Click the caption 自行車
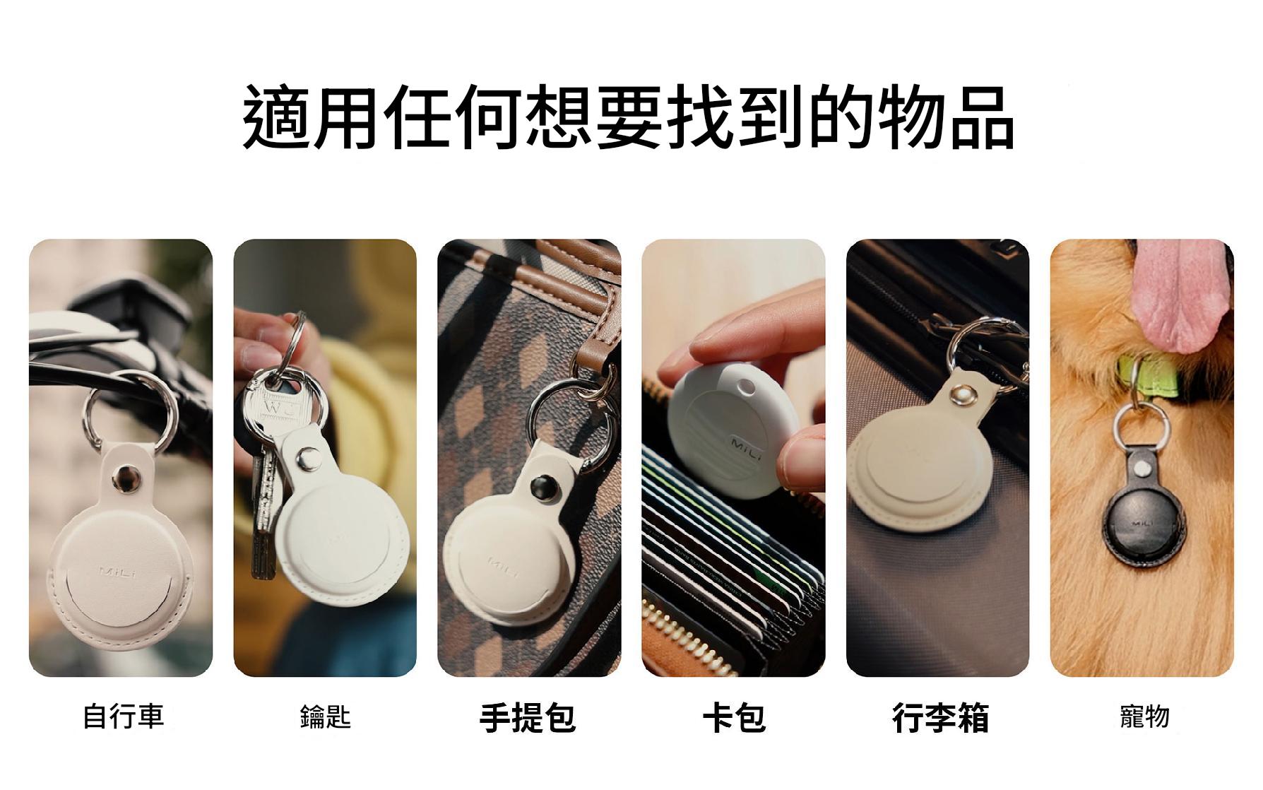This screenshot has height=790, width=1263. pyautogui.click(x=124, y=716)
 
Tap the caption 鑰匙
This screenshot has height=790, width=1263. pyautogui.click(x=325, y=717)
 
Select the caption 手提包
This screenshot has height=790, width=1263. pyautogui.click(x=528, y=717)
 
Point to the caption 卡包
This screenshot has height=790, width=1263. pyautogui.click(x=735, y=717)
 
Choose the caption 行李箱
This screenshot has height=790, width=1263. pyautogui.click(x=940, y=717)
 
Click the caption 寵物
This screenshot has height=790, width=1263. pyautogui.click(x=1144, y=717)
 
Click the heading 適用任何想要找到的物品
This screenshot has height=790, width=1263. pyautogui.click(x=629, y=117)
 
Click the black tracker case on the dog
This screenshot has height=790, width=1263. pyautogui.click(x=1144, y=519)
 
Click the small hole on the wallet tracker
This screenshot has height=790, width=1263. pyautogui.click(x=745, y=387)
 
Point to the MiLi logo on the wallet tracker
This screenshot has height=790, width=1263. pyautogui.click(x=746, y=449)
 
